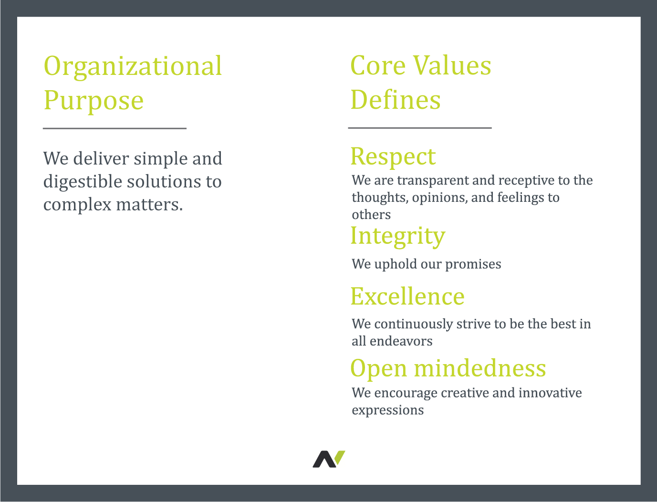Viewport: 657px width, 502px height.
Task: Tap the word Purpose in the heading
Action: pyautogui.click(x=94, y=101)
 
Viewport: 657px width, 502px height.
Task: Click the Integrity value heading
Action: pyautogui.click(x=398, y=237)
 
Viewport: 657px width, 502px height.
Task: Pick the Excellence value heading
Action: pyautogui.click(x=407, y=296)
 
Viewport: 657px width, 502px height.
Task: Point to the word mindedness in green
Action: pyautogui.click(x=480, y=368)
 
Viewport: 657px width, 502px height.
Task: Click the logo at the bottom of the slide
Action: pyautogui.click(x=329, y=459)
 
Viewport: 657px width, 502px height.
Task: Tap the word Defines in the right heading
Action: pyautogui.click(x=396, y=100)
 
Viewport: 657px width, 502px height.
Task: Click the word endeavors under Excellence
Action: pyautogui.click(x=401, y=341)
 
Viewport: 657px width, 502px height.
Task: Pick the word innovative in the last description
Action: pyautogui.click(x=550, y=393)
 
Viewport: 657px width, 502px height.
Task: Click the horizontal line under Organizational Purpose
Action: pyautogui.click(x=115, y=128)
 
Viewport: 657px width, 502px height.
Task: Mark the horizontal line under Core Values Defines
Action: pyautogui.click(x=420, y=128)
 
